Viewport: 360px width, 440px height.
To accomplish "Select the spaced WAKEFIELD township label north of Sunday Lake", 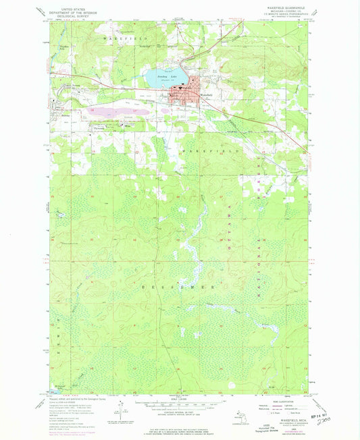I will click(124, 40).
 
